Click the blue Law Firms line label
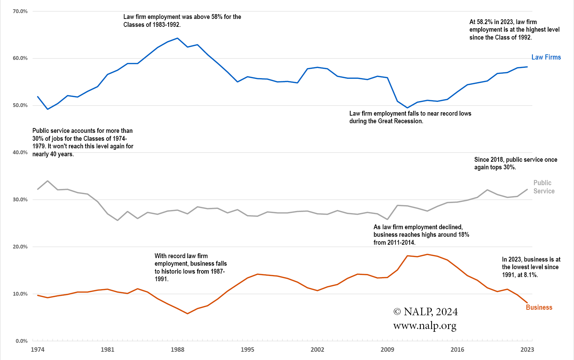click(546, 57)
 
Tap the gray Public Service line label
click(544, 187)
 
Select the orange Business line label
click(539, 307)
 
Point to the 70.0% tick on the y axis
click(20, 11)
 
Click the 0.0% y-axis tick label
click(21, 341)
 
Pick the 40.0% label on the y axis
click(20, 152)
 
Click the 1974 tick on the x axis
click(38, 350)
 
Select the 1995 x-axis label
click(247, 350)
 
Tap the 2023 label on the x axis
click(527, 350)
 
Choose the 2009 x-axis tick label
click(387, 350)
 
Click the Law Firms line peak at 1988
click(177, 38)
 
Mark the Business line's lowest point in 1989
click(187, 314)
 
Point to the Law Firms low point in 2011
click(407, 108)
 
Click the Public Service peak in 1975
click(48, 181)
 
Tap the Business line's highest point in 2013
click(427, 254)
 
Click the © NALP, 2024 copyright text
click(425, 312)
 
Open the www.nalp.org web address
click(425, 326)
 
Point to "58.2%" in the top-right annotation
click(484, 22)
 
